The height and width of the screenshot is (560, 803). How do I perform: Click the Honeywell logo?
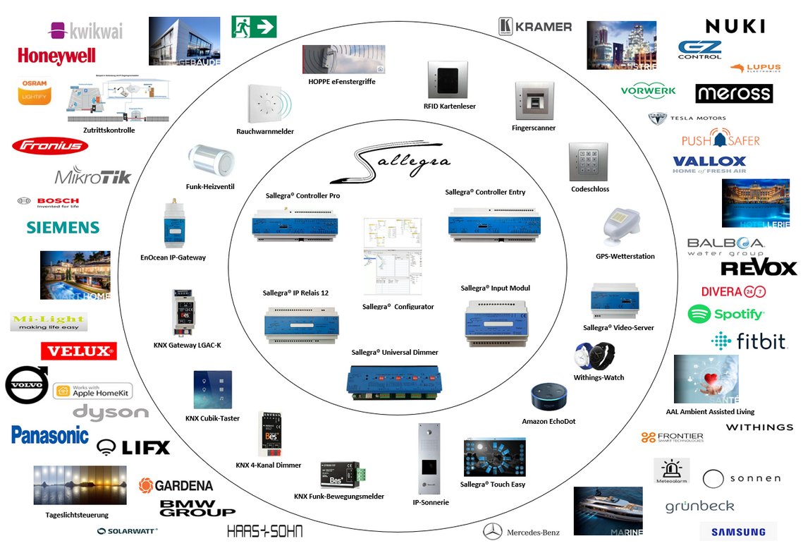pyautogui.click(x=56, y=56)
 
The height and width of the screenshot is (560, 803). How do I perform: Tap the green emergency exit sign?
pyautogui.click(x=254, y=27)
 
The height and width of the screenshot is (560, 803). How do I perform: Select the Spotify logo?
pyautogui.click(x=725, y=314)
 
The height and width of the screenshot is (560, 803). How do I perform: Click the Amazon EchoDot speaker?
pyautogui.click(x=548, y=398)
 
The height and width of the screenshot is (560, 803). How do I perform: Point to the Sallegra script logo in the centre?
pyautogui.click(x=390, y=164)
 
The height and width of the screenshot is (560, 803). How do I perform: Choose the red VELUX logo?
pyautogui.click(x=78, y=351)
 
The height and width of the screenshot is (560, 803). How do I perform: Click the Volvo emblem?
pyautogui.click(x=27, y=385)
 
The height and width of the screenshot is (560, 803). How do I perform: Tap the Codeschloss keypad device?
pyautogui.click(x=588, y=162)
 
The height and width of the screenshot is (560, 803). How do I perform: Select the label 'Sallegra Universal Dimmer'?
pyautogui.click(x=395, y=352)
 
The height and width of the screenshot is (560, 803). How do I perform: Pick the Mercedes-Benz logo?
pyautogui.click(x=522, y=532)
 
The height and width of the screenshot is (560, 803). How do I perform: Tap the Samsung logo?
pyautogui.click(x=738, y=532)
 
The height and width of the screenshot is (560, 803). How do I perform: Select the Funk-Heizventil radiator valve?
pyautogui.click(x=209, y=163)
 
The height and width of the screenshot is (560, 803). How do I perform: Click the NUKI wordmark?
pyautogui.click(x=735, y=27)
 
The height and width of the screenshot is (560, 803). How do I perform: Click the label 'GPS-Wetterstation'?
pyautogui.click(x=625, y=256)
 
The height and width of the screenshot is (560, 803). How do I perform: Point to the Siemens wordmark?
pyautogui.click(x=63, y=227)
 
